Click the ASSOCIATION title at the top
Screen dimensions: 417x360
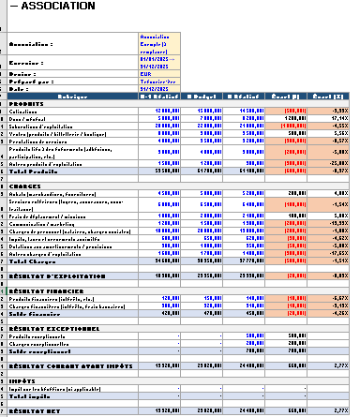tap(44, 9)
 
